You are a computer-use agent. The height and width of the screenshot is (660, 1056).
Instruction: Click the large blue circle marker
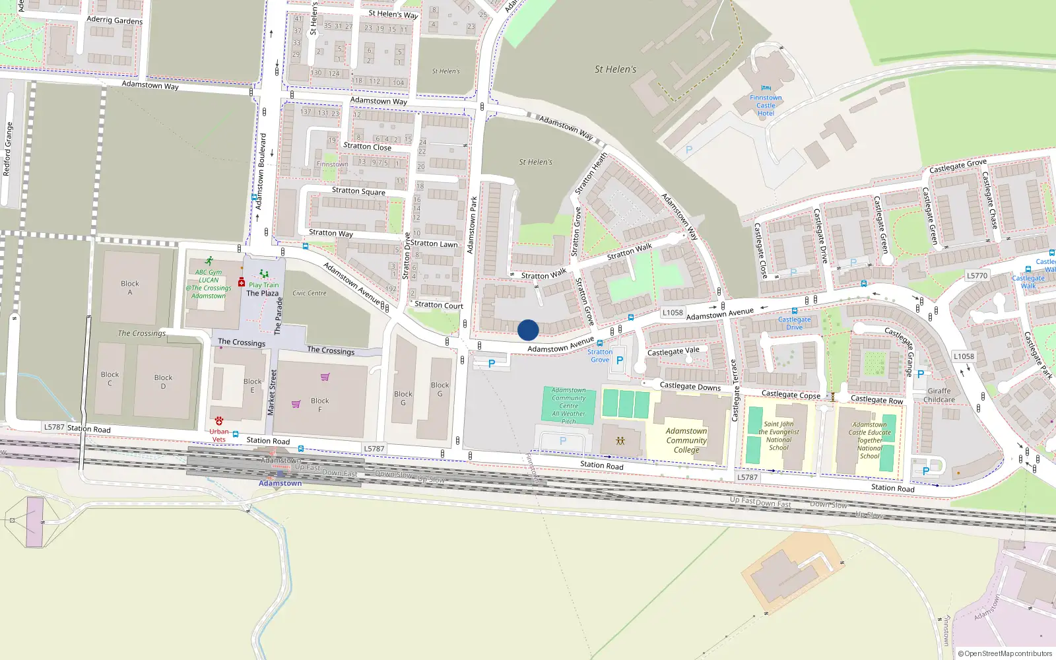point(528,330)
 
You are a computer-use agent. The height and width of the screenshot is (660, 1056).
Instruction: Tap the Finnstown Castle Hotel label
point(766,106)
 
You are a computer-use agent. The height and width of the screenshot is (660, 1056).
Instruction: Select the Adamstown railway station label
point(280,483)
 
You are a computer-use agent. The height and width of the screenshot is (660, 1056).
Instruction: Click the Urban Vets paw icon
point(219,421)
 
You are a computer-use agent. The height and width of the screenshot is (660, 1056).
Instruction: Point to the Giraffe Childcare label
point(939,395)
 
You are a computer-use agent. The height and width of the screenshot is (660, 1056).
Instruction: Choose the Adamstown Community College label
point(686,440)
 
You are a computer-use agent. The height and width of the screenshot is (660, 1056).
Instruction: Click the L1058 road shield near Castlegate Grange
point(964,356)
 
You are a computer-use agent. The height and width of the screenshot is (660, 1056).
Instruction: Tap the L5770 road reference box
point(977,276)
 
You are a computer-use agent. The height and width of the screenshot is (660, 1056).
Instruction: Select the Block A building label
point(130,288)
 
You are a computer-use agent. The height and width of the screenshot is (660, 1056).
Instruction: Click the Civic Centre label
point(310,293)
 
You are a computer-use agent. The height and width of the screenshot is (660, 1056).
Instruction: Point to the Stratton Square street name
point(358,191)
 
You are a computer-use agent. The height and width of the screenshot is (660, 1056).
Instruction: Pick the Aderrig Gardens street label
point(114,20)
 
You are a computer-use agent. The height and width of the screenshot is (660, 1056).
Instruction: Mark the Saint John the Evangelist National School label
point(779,436)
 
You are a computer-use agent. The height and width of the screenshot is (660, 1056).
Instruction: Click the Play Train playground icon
point(264,274)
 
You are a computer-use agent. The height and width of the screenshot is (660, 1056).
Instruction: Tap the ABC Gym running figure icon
point(209,261)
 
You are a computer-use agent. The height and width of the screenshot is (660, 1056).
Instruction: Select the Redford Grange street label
point(8,149)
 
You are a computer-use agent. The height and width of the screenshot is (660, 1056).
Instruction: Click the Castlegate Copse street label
point(791,395)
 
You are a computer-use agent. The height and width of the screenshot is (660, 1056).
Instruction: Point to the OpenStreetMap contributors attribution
point(1005,653)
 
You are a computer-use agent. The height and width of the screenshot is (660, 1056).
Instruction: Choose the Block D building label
point(163,381)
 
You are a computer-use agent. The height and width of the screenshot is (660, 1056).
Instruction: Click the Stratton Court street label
point(439,305)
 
